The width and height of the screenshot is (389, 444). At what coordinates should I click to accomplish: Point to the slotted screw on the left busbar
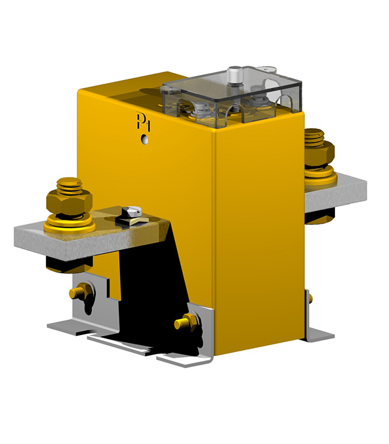pos(133,211)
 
